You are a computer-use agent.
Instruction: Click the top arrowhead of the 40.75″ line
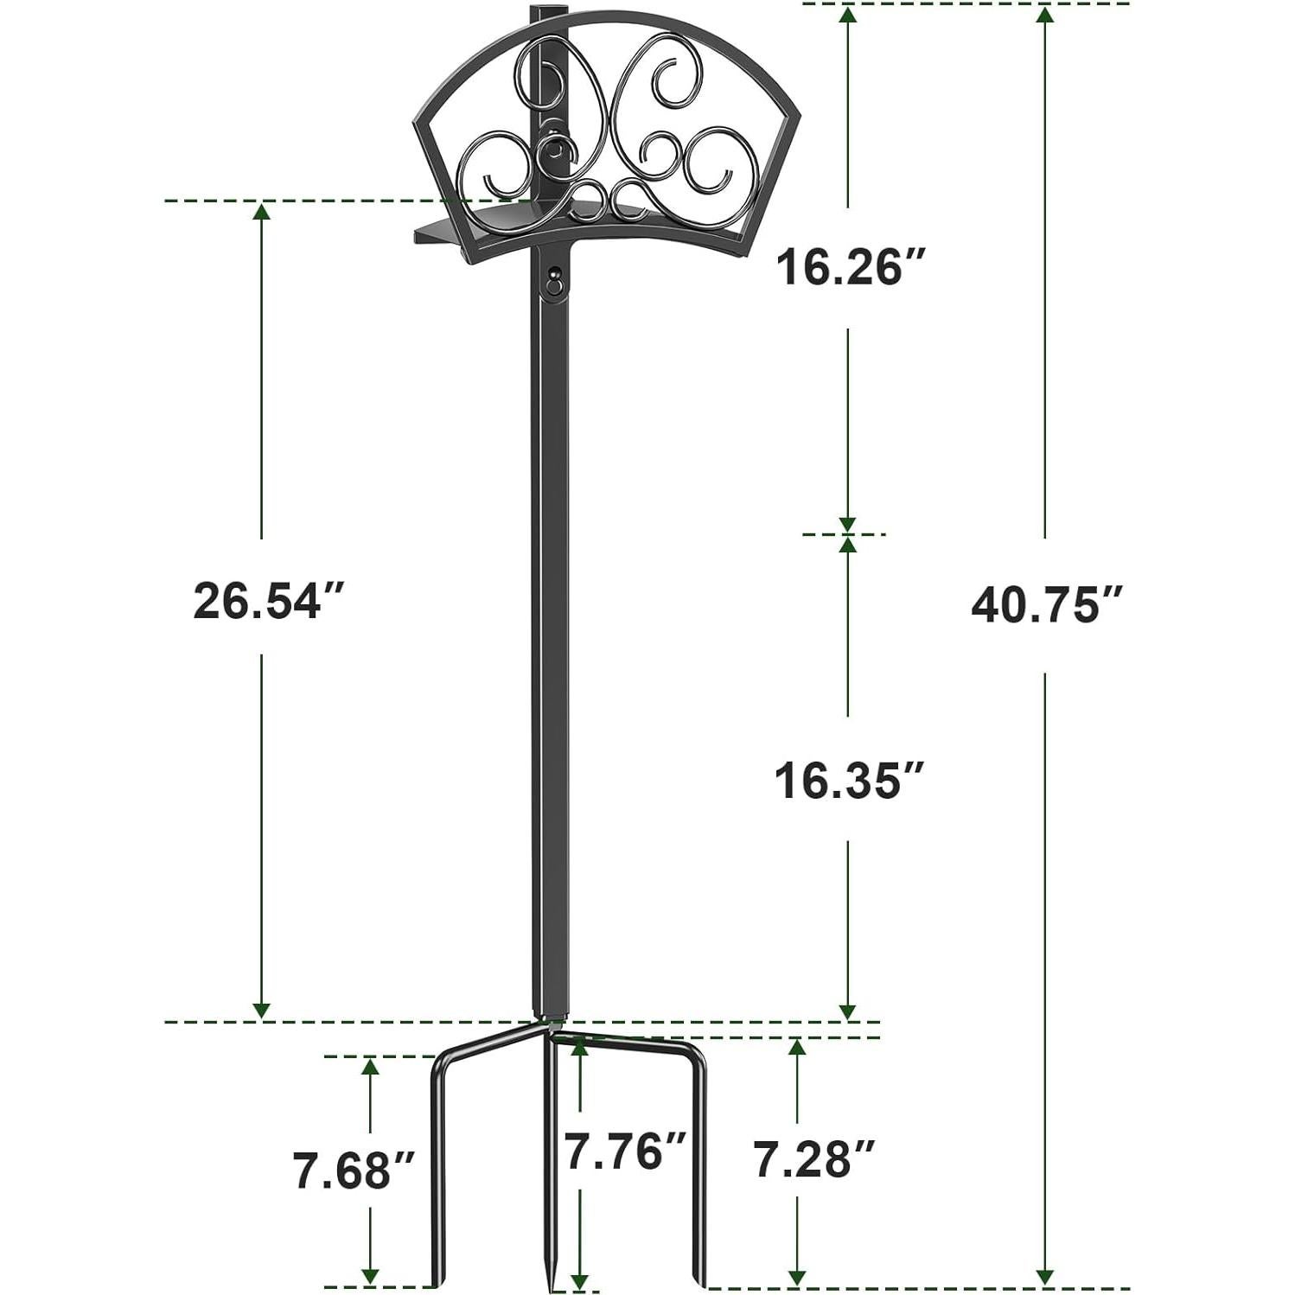click(x=1046, y=13)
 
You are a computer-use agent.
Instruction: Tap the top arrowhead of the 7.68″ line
click(x=371, y=1065)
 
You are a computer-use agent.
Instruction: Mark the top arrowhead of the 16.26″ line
click(x=848, y=13)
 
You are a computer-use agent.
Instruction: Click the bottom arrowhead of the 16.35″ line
click(x=848, y=1011)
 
